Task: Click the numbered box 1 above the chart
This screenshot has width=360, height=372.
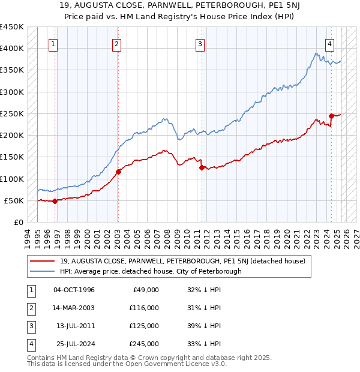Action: pos(54,43)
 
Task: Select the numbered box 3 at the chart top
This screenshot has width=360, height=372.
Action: pos(200,43)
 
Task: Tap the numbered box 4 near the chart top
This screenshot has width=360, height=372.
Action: pos(330,43)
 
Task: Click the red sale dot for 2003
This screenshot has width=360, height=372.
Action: pos(118,172)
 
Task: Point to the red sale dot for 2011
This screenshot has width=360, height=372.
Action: pos(202,168)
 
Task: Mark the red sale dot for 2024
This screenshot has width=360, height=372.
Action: pos(331,116)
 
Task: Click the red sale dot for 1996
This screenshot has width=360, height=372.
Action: pos(55,201)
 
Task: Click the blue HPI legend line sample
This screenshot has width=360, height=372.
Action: pos(42,271)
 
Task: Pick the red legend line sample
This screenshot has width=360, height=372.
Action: pos(42,261)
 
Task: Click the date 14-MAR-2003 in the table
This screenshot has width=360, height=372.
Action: pos(74,308)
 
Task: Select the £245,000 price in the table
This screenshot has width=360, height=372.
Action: pos(145,344)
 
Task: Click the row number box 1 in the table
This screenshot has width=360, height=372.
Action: pos(30,290)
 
